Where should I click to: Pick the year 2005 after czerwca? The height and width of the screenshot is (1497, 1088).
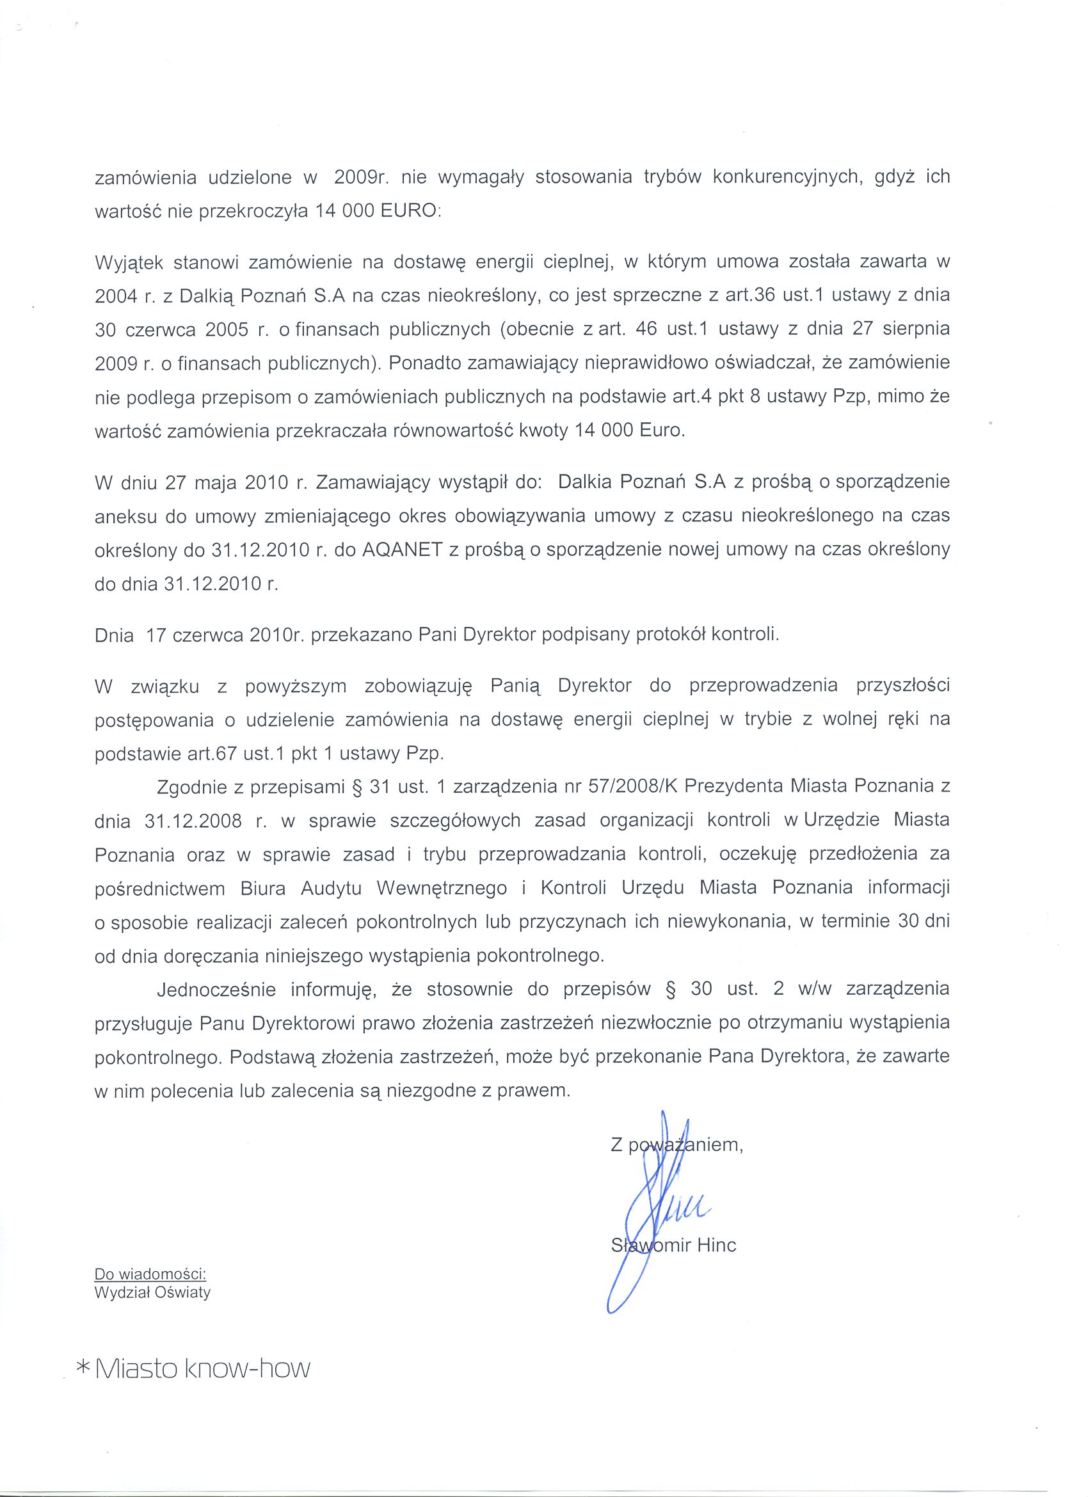tap(227, 330)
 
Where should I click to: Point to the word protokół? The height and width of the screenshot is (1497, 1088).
tap(669, 635)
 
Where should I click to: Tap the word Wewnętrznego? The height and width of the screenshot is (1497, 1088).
tap(441, 889)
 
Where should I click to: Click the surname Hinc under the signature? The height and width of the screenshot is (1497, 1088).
tap(716, 1245)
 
